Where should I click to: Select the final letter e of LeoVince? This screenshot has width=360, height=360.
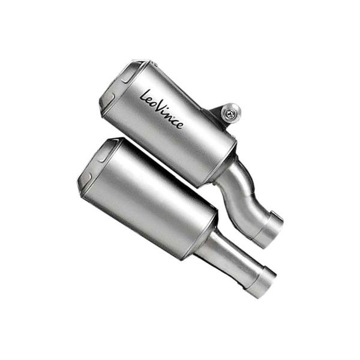(x=179, y=124)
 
